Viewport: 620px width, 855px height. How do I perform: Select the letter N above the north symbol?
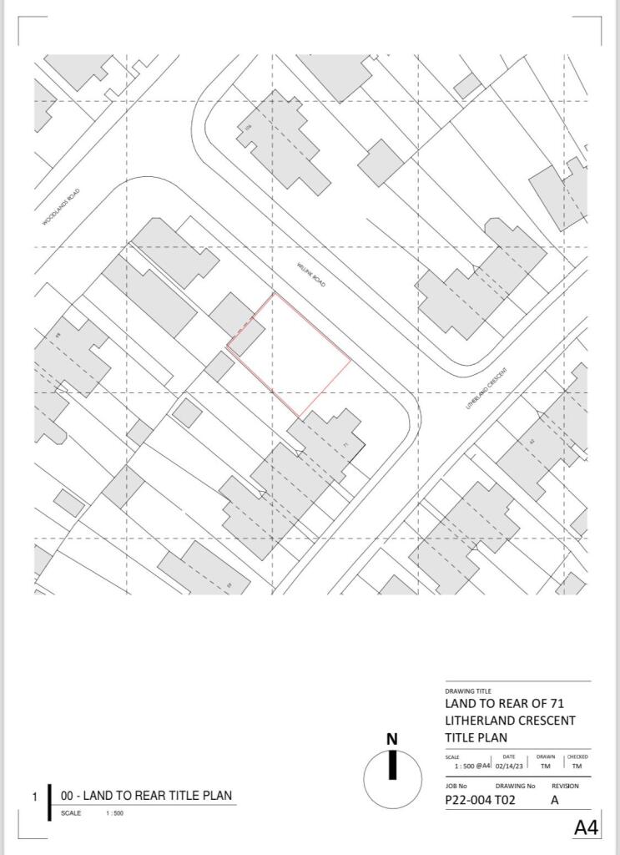[392, 738]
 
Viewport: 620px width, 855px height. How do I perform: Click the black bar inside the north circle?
[392, 766]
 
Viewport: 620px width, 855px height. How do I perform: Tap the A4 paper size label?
[587, 827]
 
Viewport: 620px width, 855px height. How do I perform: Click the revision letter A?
[556, 800]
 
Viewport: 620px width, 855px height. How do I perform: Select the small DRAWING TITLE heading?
[467, 691]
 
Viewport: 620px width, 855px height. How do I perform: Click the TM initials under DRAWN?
[546, 766]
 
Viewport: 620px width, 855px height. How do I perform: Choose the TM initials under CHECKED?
[577, 766]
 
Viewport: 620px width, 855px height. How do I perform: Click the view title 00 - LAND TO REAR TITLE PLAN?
[146, 796]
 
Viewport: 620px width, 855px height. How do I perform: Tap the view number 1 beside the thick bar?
[35, 797]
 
